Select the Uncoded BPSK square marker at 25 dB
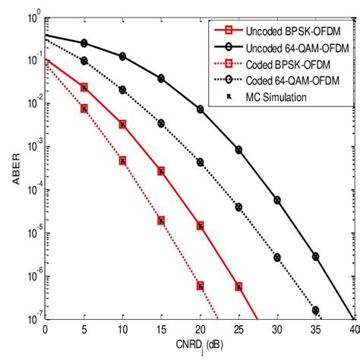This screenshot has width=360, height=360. pos(238,286)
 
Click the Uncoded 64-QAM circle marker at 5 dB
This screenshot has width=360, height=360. pos(84,43)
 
